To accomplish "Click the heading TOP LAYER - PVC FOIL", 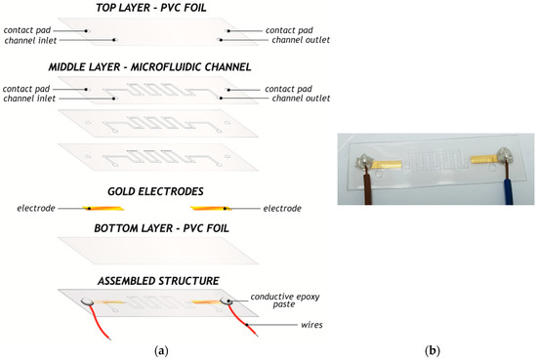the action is point(151,8).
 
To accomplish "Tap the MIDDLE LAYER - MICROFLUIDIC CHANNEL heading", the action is point(149,66).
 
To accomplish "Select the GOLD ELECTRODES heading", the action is point(155,191).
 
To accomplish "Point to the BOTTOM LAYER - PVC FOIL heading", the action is point(161,228).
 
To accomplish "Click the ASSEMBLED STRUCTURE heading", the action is point(158,281).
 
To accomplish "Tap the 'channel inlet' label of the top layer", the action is point(30,40).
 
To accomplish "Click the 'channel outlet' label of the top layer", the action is point(301,40).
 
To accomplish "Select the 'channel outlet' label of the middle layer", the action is point(301,99).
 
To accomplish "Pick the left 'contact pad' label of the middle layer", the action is point(26,89).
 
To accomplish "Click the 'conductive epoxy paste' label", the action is point(285,300).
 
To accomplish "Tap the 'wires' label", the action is point(311,325).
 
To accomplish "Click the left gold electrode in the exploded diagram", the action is point(103,208).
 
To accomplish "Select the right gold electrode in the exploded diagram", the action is point(211,208).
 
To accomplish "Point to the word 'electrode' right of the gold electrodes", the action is point(282,209).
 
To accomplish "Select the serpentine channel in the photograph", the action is point(435,161).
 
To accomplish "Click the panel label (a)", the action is point(161,351).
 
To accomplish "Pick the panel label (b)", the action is point(433,351).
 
